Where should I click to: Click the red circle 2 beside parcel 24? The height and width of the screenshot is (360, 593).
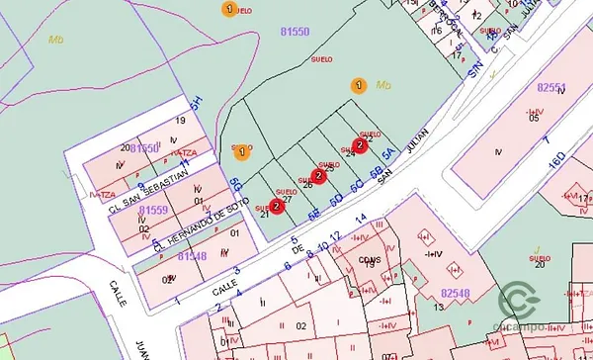coord(360,145)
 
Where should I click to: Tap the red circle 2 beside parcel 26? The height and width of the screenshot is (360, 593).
coord(318,176)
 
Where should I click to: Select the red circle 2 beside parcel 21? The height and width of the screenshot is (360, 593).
coord(276,206)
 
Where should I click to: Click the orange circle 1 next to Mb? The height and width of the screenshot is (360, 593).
coord(359,86)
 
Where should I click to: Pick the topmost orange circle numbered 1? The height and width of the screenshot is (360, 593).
coord(229,9)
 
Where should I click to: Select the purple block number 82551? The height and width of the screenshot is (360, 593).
coord(551,87)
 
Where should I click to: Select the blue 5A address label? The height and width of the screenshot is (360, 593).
coord(388,155)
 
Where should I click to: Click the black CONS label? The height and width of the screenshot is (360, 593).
coord(370,260)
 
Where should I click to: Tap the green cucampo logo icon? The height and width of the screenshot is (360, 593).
coord(519,300)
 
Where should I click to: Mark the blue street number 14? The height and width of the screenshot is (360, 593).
coord(361,218)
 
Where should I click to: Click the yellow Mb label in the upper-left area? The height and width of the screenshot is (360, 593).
coord(55,40)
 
